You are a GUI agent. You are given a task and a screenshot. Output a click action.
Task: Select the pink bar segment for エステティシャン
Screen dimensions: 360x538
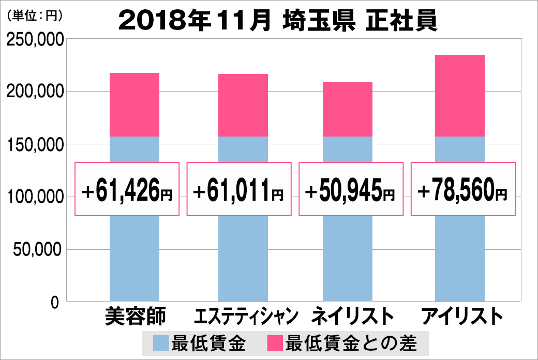click(x=243, y=105)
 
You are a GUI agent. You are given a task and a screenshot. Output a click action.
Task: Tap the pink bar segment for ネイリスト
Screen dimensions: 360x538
click(x=348, y=109)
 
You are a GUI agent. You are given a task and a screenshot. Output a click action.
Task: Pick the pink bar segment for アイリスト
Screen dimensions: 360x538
click(x=460, y=96)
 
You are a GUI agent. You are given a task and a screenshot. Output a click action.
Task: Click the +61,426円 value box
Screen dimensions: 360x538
click(x=127, y=189)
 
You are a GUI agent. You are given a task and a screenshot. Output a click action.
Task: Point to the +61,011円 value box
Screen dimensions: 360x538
click(x=239, y=189)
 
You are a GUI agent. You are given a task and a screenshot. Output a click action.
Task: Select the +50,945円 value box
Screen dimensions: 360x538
click(x=351, y=189)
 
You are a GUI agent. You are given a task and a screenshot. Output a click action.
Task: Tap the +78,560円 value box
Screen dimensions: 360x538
click(x=463, y=189)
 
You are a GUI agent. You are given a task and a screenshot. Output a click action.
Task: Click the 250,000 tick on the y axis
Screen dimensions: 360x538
click(x=34, y=40)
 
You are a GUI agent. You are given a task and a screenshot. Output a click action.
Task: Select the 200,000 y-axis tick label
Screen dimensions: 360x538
click(x=34, y=92)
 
